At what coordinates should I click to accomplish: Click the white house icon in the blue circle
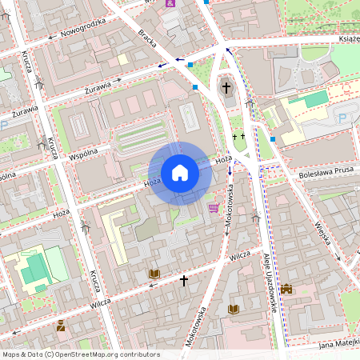[180, 172]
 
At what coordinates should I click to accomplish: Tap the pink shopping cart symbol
[213, 208]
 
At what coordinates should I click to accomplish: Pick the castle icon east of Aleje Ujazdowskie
[286, 289]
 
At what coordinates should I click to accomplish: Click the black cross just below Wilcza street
[183, 281]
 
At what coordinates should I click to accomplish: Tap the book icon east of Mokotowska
[234, 309]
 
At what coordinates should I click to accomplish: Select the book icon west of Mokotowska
[154, 274]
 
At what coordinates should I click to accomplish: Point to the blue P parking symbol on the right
[343, 118]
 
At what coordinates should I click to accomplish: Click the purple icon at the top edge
[170, 3]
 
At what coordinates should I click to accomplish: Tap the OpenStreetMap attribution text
[80, 354]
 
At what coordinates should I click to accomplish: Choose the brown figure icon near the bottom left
[61, 325]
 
